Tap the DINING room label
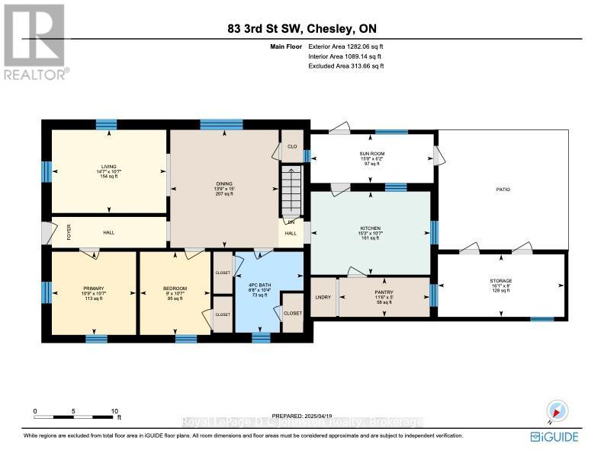click(x=223, y=184)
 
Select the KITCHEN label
click(x=370, y=228)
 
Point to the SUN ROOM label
click(x=371, y=153)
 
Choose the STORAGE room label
click(x=501, y=281)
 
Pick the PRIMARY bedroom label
click(x=94, y=289)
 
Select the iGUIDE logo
click(x=554, y=437)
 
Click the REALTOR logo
click(x=35, y=41)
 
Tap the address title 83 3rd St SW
click(x=301, y=30)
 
